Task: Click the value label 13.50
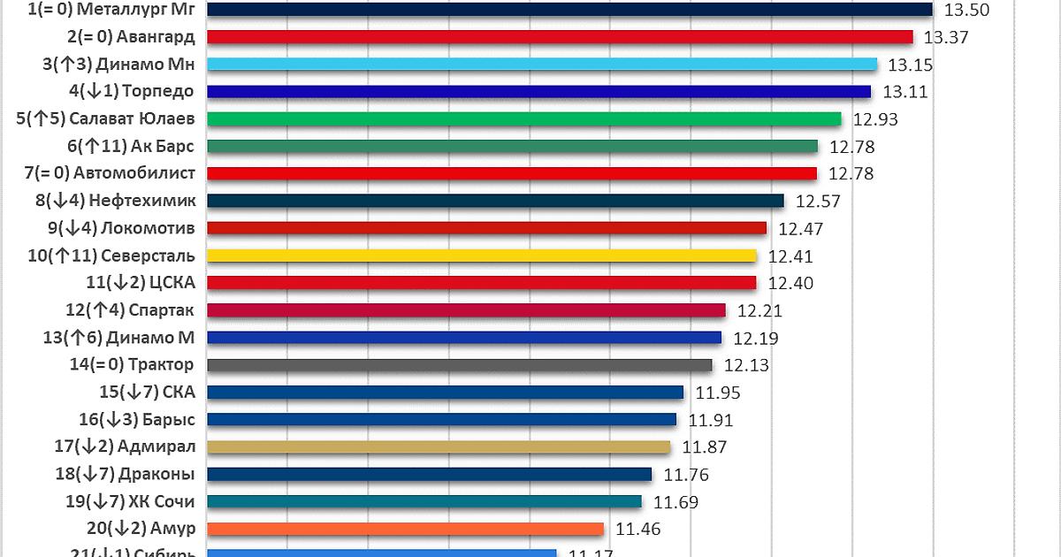[966, 10]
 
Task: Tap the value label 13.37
[946, 37]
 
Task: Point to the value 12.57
[818, 202]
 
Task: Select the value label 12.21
[760, 310]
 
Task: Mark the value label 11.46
[638, 530]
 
